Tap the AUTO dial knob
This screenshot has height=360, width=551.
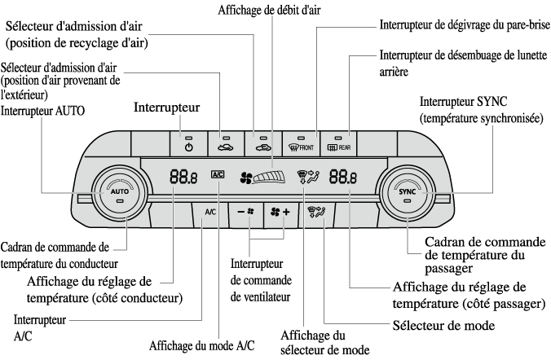pos(119,191)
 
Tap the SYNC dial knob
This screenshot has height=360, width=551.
pos(408,192)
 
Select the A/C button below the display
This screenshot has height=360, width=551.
pos(209,212)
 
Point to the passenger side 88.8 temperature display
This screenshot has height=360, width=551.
pos(342,176)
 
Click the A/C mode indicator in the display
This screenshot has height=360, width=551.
pos(217,173)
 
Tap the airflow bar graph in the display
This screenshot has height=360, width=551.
pos(273,175)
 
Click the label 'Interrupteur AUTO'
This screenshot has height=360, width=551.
pos(43,109)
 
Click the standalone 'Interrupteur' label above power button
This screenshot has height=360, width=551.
pos(168,108)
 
